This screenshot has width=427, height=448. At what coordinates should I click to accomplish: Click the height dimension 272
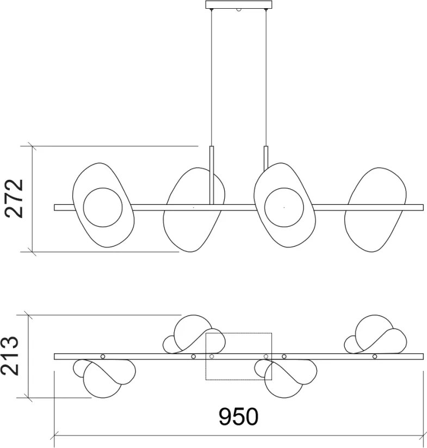coord(15,198)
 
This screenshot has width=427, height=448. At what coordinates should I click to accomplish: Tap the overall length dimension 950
coord(238,416)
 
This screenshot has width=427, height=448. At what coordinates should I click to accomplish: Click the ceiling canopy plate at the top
coord(238,5)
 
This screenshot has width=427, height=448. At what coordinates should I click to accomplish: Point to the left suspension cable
coord(212,76)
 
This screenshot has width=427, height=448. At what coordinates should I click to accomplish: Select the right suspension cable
coord(266,76)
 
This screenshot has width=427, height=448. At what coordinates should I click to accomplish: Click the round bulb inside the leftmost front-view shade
coord(103,207)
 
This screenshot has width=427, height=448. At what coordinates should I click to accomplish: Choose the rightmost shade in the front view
coord(375,210)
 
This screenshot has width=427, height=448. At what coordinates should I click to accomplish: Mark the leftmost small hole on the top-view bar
coord(103,356)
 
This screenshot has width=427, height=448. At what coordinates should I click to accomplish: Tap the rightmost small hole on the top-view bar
coord(375,356)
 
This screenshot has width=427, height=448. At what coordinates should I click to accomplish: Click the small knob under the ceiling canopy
coord(238,11)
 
